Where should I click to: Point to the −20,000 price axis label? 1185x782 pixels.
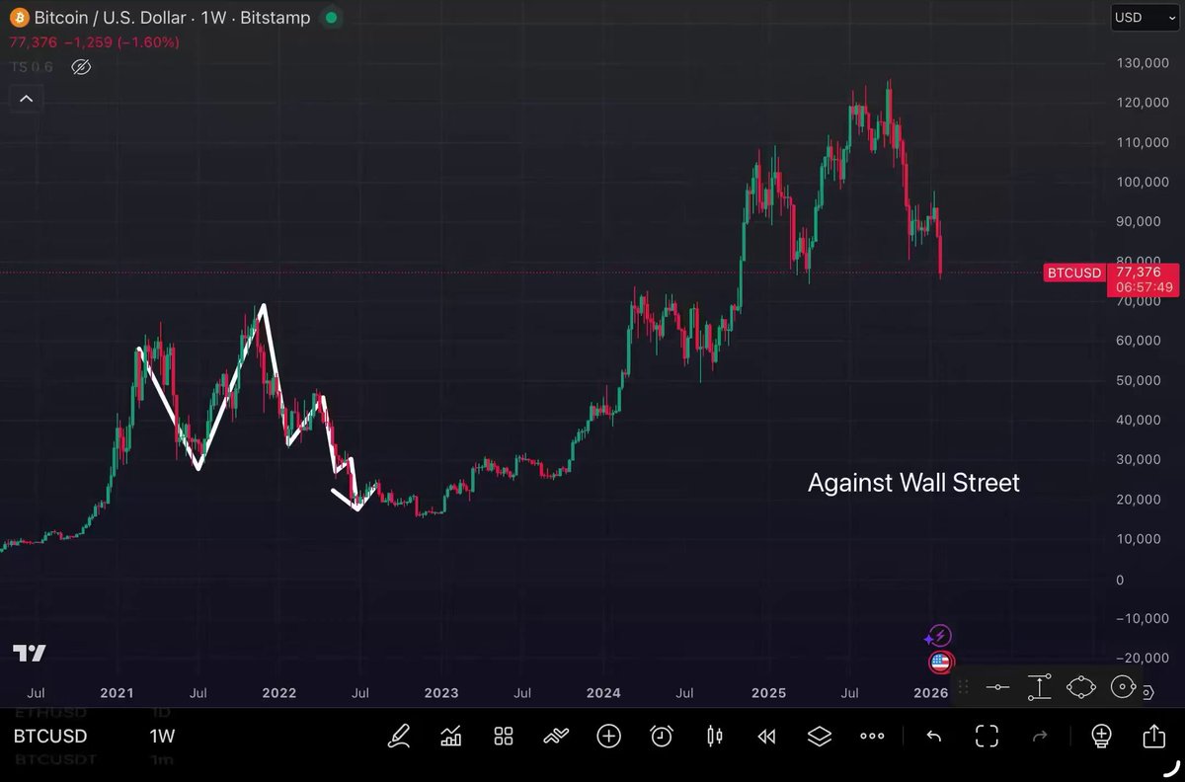(x=1139, y=659)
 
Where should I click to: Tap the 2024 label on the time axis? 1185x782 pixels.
(x=602, y=693)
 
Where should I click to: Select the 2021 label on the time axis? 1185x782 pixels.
(x=117, y=693)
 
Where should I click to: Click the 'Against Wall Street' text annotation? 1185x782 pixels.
(x=913, y=483)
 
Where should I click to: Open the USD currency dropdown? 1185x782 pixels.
(x=1144, y=17)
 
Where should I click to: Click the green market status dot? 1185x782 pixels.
(x=331, y=18)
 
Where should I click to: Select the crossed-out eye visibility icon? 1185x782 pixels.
(x=81, y=67)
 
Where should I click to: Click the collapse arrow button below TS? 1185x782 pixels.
(x=27, y=99)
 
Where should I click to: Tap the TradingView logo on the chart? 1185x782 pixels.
(x=30, y=653)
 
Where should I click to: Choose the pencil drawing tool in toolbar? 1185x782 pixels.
(x=399, y=736)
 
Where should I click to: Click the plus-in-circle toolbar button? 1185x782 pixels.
(x=608, y=736)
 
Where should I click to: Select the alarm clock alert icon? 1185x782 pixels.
(x=662, y=736)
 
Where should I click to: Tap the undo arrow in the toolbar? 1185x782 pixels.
(x=933, y=736)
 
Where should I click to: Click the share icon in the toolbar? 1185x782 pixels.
(x=1153, y=736)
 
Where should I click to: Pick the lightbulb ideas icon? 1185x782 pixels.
(x=1101, y=736)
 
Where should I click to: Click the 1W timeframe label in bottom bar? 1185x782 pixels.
(x=162, y=737)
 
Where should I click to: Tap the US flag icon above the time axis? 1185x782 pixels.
(x=940, y=663)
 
